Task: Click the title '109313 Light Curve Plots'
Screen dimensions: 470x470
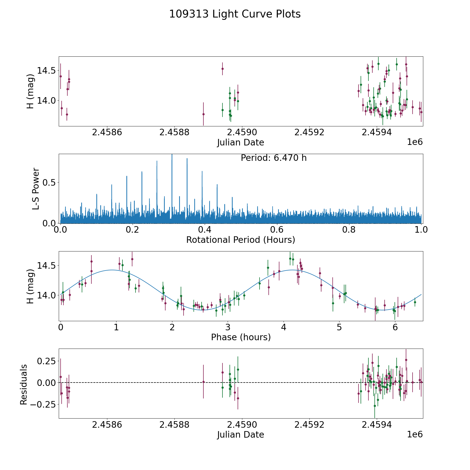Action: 235,14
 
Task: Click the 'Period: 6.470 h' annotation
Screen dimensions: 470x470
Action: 273,158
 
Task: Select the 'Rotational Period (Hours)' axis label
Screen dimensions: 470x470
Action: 240,240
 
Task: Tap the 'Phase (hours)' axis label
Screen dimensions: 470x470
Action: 240,337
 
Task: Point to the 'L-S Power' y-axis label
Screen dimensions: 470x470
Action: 36,189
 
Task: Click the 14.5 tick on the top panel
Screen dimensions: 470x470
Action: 46,70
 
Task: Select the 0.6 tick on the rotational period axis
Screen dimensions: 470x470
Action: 277,230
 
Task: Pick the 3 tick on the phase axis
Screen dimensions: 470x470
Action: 228,327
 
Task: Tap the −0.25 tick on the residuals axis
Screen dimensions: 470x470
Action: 41,404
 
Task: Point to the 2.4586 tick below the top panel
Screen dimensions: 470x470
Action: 107,132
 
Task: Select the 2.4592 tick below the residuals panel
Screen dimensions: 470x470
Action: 309,425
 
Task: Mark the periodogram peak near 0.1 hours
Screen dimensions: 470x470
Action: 97,194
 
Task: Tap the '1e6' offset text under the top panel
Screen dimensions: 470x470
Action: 415,142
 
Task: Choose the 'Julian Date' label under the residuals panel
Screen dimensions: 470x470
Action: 240,434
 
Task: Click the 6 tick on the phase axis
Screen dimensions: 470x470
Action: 395,327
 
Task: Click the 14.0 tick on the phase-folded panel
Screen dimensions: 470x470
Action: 46,295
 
